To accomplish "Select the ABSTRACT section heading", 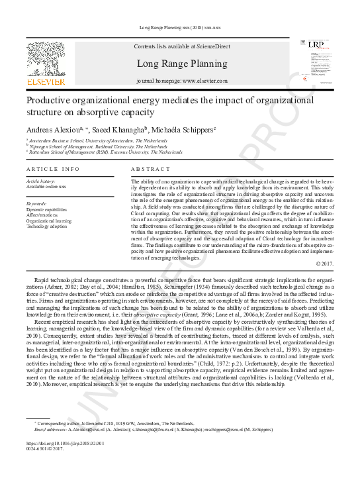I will [146, 170].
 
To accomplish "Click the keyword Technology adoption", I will [46, 226].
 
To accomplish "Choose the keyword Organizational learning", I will [48, 221].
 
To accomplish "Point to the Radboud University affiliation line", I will [99, 146].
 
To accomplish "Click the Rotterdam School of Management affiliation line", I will [106, 152].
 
